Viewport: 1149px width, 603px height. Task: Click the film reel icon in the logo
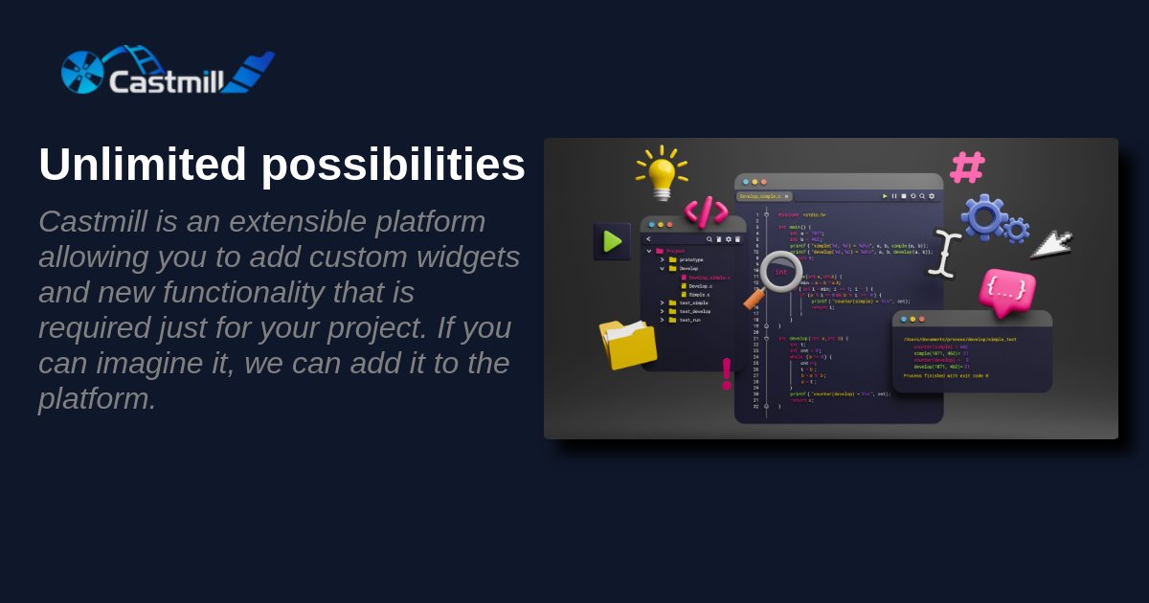pos(82,73)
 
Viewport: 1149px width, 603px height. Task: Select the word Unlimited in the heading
pos(143,164)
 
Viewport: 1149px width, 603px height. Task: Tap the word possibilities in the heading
pos(393,165)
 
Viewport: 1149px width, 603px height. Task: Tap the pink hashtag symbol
pos(966,167)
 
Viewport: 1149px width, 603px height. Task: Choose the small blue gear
pos(1017,230)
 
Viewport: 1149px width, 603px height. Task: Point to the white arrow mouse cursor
pos(1051,243)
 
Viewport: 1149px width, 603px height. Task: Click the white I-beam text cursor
pos(944,254)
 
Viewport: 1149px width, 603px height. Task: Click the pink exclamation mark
pos(727,373)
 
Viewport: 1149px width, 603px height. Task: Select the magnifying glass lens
pos(780,272)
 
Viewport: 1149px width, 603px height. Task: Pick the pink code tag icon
pos(706,211)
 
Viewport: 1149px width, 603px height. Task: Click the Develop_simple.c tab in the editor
pos(763,196)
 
